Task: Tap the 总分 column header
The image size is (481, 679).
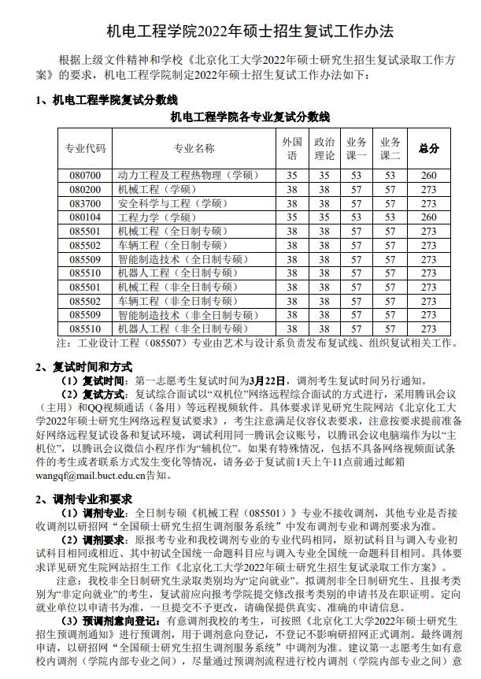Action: [x=428, y=148]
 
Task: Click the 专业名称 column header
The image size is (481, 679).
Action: [x=194, y=148]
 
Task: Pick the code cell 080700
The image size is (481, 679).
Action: [x=85, y=175]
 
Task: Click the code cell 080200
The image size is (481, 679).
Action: [x=85, y=189]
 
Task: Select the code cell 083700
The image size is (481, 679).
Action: [x=85, y=203]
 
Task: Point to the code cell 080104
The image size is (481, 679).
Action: [x=85, y=217]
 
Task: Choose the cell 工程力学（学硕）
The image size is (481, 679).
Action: [x=157, y=217]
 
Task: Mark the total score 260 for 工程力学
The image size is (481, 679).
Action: [x=428, y=217]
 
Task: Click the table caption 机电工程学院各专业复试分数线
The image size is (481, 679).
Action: [x=250, y=117]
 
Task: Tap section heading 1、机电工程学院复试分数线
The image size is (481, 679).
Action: [x=107, y=100]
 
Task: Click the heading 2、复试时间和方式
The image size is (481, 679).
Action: [x=84, y=366]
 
